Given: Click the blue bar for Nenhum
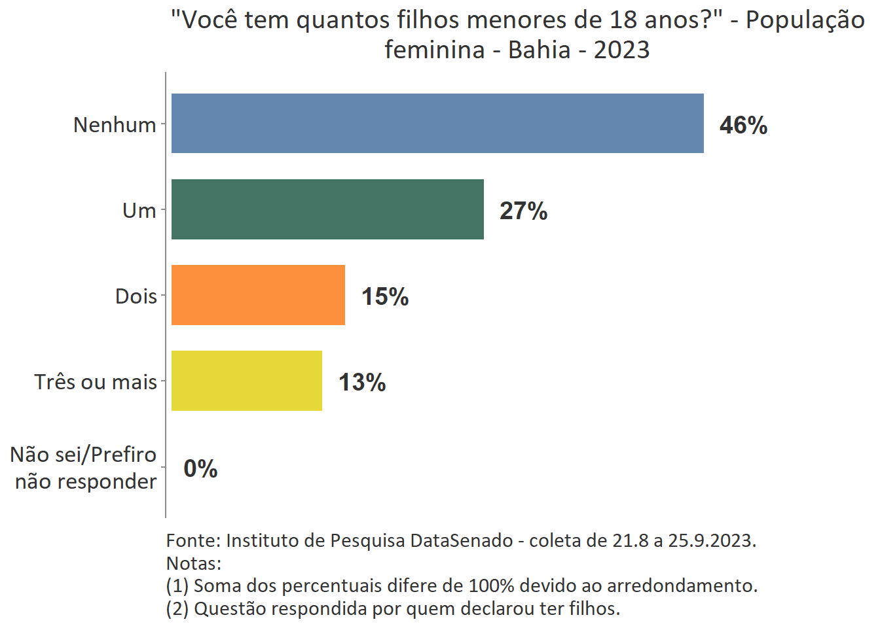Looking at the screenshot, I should coord(437,124).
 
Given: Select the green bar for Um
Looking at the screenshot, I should coord(327,209).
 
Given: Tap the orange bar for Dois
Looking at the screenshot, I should coord(258,295).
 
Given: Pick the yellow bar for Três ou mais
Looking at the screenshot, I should coord(247,381).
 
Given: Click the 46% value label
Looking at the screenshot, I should coord(743,125).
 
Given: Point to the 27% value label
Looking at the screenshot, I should coord(523,211).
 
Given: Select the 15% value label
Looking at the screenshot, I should coord(385,296).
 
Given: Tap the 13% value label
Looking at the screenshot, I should coord(362,382).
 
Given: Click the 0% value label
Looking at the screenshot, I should coord(200,468).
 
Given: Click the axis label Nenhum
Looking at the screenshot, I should coord(115,124).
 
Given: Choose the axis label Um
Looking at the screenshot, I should coord(139,211).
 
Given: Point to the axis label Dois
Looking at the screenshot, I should coord(136,296).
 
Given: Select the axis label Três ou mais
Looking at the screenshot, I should coord(96,382).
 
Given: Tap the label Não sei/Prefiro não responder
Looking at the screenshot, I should coord(84,468).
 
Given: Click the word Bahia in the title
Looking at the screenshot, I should coord(539,50).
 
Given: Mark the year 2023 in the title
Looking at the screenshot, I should coord(621,50).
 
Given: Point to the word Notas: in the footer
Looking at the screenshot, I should coord(194,563).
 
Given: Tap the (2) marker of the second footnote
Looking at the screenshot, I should coord(177,608).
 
